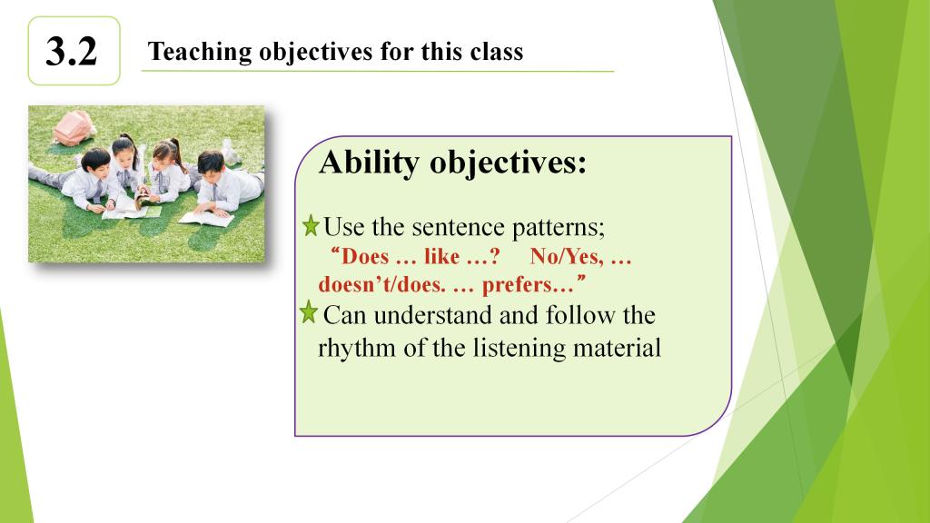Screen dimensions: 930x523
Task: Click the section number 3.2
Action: [71, 51]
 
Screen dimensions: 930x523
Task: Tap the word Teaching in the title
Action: [200, 52]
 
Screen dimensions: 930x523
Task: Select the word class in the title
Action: [497, 51]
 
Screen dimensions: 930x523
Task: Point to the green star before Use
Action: [311, 226]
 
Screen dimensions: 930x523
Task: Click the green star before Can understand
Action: [309, 312]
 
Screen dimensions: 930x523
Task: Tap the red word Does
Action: [365, 257]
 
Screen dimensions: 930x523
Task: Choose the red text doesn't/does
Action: [382, 284]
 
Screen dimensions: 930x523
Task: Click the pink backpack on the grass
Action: [74, 128]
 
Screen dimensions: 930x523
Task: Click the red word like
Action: [442, 257]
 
